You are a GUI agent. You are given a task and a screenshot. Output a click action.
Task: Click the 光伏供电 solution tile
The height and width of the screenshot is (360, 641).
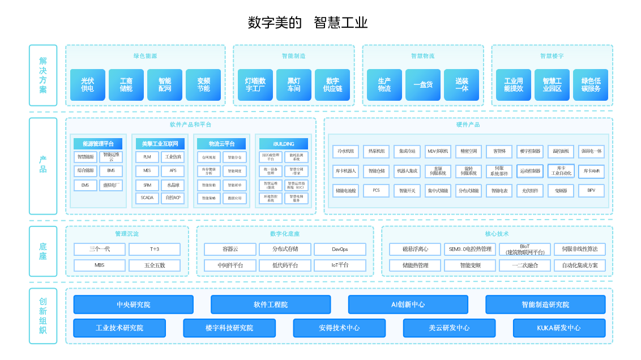(x=87, y=85)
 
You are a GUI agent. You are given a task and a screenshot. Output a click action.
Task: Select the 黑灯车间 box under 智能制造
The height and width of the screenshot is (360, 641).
(x=293, y=85)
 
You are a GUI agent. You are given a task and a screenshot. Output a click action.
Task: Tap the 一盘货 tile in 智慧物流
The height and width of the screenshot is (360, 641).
(x=422, y=85)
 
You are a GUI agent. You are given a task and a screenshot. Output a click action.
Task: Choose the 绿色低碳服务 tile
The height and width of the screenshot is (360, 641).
(x=590, y=85)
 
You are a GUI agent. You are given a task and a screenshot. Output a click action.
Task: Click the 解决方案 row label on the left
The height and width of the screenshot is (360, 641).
(x=43, y=75)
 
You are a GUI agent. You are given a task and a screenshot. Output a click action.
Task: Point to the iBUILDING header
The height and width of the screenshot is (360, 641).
(x=284, y=144)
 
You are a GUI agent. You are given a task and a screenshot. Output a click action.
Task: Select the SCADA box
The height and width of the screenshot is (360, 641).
(x=147, y=198)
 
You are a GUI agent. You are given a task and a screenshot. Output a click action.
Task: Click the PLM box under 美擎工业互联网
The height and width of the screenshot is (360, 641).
(x=147, y=157)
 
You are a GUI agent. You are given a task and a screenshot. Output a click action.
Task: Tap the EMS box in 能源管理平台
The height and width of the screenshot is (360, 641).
(x=85, y=185)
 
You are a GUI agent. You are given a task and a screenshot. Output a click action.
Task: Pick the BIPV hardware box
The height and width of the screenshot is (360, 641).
(x=591, y=191)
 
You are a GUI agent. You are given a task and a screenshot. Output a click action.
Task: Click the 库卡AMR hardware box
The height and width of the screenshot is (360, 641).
(x=591, y=171)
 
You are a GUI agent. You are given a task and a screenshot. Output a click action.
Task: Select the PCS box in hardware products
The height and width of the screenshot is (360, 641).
(x=376, y=191)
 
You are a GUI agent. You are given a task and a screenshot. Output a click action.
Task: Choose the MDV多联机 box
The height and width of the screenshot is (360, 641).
(x=438, y=151)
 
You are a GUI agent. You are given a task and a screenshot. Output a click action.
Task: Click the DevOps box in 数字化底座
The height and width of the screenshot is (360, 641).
(x=340, y=249)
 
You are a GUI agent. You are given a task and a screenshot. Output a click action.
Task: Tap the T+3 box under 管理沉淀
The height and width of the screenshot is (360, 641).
(x=154, y=249)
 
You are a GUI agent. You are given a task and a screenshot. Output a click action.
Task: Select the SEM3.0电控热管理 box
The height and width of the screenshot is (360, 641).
(x=469, y=249)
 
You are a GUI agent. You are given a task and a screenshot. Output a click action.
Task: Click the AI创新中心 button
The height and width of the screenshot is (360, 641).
(x=408, y=305)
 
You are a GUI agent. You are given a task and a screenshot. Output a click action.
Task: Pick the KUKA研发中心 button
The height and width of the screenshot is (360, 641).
(x=558, y=328)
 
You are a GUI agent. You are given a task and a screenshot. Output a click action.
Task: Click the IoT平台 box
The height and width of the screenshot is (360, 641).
(x=340, y=265)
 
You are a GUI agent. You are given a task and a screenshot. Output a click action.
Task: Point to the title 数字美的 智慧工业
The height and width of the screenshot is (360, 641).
(x=308, y=23)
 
